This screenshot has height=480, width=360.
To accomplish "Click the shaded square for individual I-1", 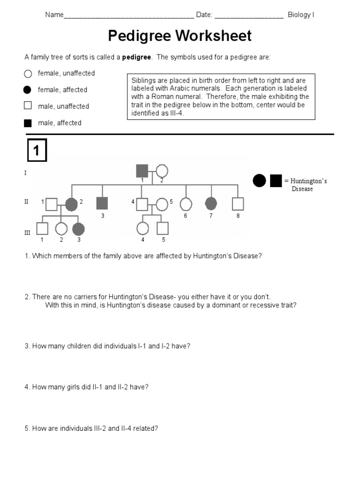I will pyautogui.click(x=142, y=171).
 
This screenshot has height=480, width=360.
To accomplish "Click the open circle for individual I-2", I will pyautogui.click(x=162, y=172).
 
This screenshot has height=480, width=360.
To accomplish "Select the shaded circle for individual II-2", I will pyautogui.click(x=71, y=204).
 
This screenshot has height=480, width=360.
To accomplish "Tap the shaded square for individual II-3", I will pyautogui.click(x=102, y=203).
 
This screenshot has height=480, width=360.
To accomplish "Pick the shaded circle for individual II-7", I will pyautogui.click(x=211, y=203).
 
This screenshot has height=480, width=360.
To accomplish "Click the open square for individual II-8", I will pyautogui.click(x=238, y=204).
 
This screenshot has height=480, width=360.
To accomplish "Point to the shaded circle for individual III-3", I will pyautogui.click(x=78, y=229).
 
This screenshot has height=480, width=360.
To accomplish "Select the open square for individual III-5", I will pyautogui.click(x=162, y=228).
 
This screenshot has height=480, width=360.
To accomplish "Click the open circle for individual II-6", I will pyautogui.click(x=186, y=204).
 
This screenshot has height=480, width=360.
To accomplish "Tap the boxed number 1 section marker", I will pyautogui.click(x=36, y=151).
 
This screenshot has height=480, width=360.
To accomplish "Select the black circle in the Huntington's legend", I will pyautogui.click(x=259, y=180).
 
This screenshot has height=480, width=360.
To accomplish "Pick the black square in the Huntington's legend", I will pyautogui.click(x=276, y=180).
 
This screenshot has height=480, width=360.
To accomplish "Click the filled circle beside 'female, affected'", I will pyautogui.click(x=28, y=90).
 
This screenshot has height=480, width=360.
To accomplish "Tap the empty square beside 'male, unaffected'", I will pyautogui.click(x=28, y=106).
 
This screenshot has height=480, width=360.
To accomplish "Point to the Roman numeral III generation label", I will pyautogui.click(x=27, y=232).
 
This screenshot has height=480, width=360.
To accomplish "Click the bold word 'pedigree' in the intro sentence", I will pyautogui.click(x=136, y=57).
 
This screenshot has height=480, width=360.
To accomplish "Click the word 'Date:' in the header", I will pyautogui.click(x=204, y=15).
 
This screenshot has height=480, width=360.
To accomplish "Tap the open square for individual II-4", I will pyautogui.click(x=142, y=204).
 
